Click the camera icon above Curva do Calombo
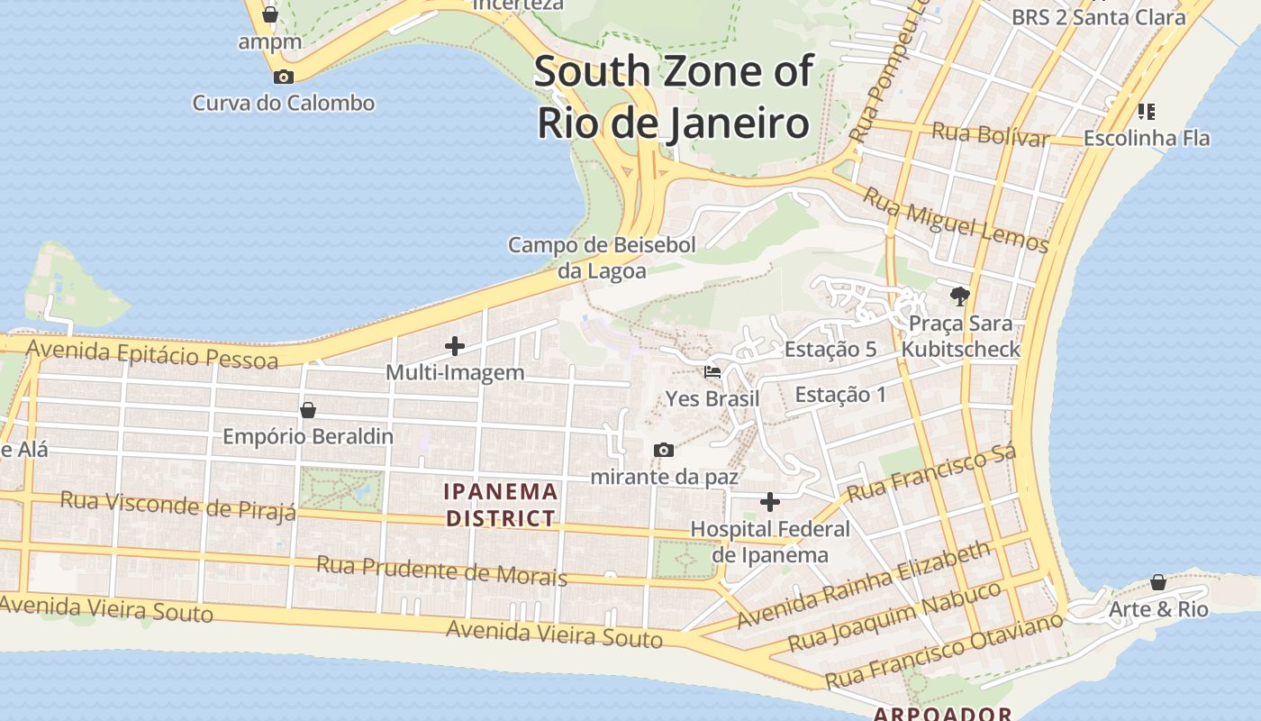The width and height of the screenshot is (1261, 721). tap(283, 77)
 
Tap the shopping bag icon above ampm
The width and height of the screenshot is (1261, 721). tap(269, 14)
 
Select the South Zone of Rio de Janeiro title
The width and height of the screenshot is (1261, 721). tap(674, 96)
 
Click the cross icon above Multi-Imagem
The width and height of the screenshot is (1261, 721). tap(455, 345)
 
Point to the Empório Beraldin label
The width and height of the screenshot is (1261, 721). tap(308, 436)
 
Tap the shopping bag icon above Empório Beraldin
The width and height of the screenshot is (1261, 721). tap(308, 410)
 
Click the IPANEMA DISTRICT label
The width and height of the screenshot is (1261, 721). tap(501, 505)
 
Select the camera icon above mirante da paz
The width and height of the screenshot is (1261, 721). tap(664, 450)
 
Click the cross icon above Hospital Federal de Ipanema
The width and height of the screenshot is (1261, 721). tap(770, 502)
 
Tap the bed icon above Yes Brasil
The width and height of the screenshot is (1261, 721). tap(712, 371)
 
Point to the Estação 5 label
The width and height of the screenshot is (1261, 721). tap(830, 350)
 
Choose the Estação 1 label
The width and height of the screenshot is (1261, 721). tap(840, 395)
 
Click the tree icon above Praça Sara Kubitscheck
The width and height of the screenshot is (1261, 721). tap(960, 296)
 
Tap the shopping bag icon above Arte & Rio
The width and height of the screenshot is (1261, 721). tap(1158, 582)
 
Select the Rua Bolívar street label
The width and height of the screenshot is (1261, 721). tap(991, 134)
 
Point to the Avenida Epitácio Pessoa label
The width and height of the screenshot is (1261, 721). tap(152, 353)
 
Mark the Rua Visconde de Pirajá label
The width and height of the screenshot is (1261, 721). tap(177, 506)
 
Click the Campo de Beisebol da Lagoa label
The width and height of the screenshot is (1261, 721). tap(602, 258)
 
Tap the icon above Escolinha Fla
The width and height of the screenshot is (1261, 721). tap(1146, 112)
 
